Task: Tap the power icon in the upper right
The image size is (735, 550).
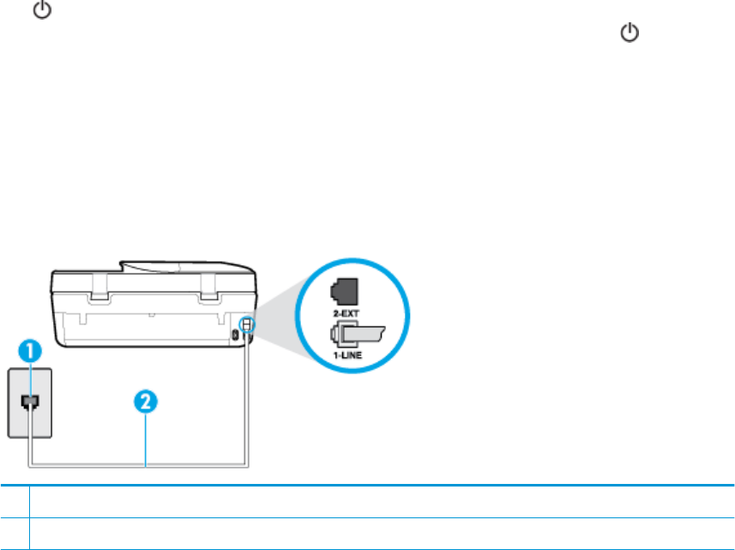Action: click(x=630, y=33)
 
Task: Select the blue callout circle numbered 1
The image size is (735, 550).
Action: click(x=32, y=351)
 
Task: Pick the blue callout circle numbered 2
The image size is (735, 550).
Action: click(x=147, y=401)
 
